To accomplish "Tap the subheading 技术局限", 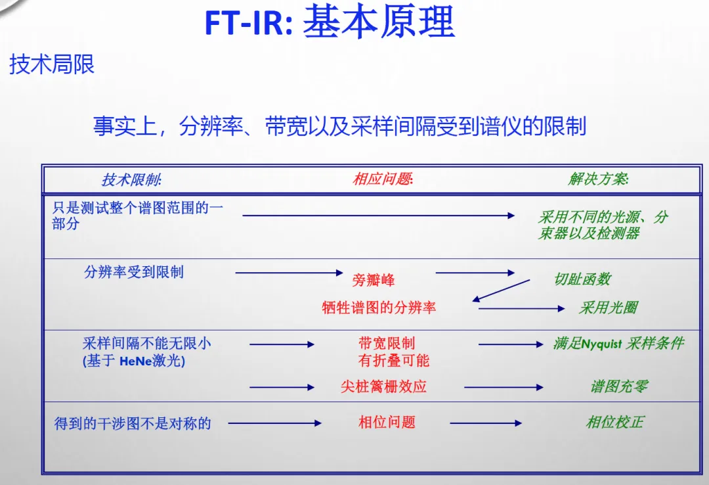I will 52,64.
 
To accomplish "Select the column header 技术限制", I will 131,179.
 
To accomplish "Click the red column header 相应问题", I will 383,179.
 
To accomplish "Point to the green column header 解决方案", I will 598,179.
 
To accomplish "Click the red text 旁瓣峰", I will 374,280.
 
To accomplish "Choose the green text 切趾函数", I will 582,279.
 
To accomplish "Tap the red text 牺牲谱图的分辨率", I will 379,308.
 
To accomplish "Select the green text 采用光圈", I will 608,308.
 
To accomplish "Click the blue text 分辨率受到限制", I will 134,272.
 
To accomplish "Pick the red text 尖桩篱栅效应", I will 383,386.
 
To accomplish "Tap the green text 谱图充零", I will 619,386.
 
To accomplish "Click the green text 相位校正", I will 614,422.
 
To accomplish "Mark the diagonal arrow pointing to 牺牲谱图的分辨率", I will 501,290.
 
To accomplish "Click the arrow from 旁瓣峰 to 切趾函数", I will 475,272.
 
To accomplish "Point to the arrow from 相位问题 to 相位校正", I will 486,423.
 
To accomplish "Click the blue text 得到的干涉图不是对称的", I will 133,423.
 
